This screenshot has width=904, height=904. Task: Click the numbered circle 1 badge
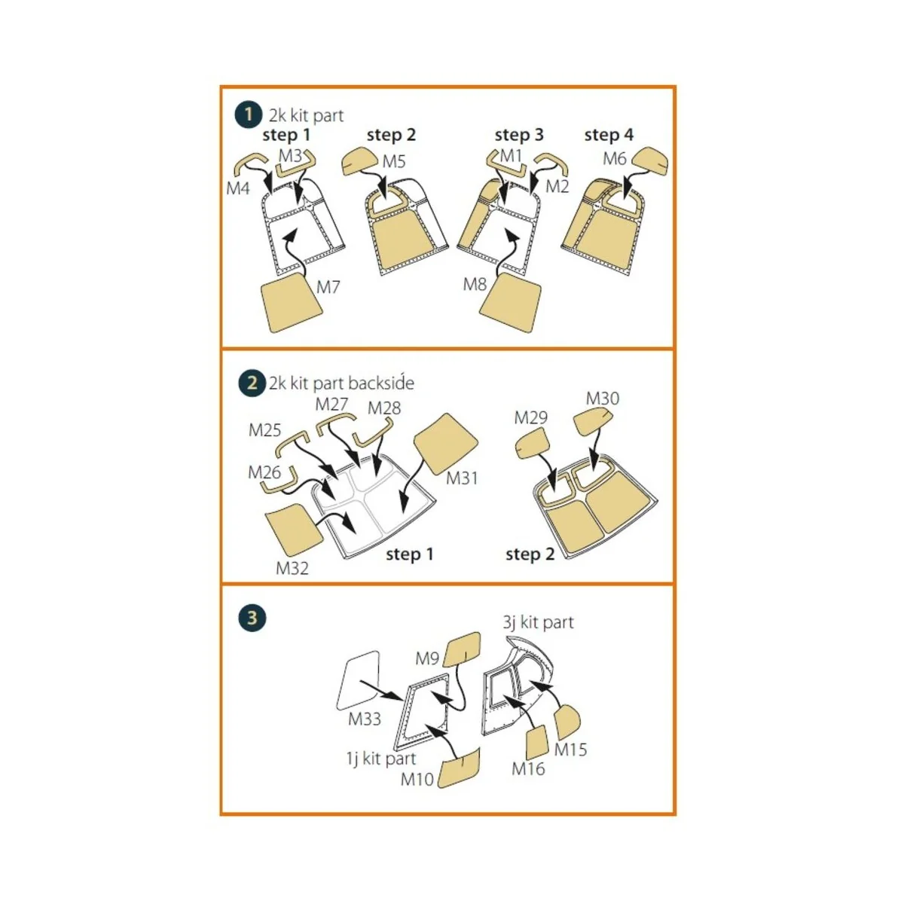pos(248,115)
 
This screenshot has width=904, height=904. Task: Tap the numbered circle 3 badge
pos(252,618)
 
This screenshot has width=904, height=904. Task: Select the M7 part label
pos(328,286)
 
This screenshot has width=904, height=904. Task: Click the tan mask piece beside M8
pos(510,303)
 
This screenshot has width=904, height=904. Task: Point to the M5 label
pos(393,161)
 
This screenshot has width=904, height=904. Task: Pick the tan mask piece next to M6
pos(650,161)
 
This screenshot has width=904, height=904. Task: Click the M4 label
pos(238,188)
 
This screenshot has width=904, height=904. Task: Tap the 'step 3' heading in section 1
pos(519,135)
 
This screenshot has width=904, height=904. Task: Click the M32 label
pos(292,568)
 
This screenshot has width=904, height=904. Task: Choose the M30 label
pos(603,399)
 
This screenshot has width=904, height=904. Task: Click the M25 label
pos(264,429)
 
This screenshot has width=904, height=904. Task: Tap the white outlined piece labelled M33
pos(358,680)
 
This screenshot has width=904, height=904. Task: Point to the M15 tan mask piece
pos(568,722)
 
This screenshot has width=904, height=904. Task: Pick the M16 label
pos(528,768)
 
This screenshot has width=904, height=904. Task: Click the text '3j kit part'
pos(538,622)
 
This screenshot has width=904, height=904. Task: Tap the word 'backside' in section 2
pos(381,383)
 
